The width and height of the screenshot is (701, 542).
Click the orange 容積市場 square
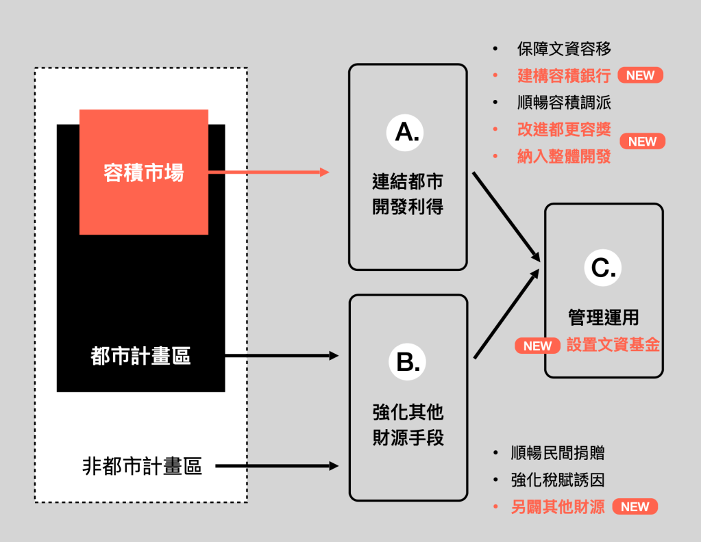coord(144,172)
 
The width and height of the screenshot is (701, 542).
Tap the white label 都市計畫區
coord(140,356)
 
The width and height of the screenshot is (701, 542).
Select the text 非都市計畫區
coord(142,467)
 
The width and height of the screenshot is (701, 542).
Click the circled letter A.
coord(408,131)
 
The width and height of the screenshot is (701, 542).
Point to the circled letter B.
coord(408,361)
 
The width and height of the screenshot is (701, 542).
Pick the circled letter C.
coord(604,268)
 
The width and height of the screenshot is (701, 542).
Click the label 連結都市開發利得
coord(408,194)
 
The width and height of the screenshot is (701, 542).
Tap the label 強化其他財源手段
coord(408,424)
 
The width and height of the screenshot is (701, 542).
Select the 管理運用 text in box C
coord(604,318)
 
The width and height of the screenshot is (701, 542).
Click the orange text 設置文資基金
coord(613,346)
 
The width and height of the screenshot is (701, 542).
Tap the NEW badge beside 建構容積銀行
coord(640,76)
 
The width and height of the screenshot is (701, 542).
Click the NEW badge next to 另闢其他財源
coord(635,507)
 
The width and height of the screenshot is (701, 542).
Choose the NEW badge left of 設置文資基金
coord(537,346)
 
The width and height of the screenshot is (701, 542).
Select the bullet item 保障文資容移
coord(564,49)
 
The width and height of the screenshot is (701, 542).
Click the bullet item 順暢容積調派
coord(564,103)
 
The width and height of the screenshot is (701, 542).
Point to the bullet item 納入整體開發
coord(564,156)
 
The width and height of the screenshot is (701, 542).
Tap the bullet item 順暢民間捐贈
coord(558,453)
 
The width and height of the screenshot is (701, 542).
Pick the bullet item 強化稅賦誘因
coord(558,480)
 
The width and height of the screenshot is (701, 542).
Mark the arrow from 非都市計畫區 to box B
coord(277,467)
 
